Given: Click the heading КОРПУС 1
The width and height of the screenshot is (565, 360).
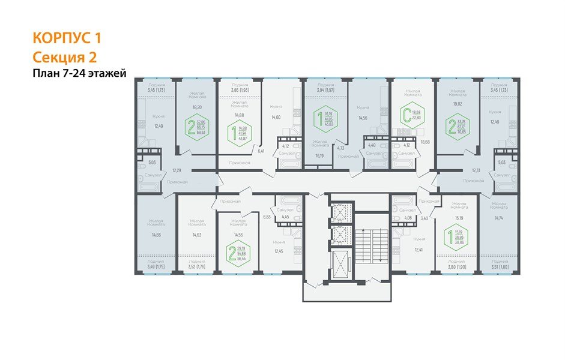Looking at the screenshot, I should (x=67, y=38).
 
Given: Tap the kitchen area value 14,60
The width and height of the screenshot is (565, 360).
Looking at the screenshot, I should (x=276, y=118).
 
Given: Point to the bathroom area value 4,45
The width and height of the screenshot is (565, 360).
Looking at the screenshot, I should (x=286, y=217).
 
